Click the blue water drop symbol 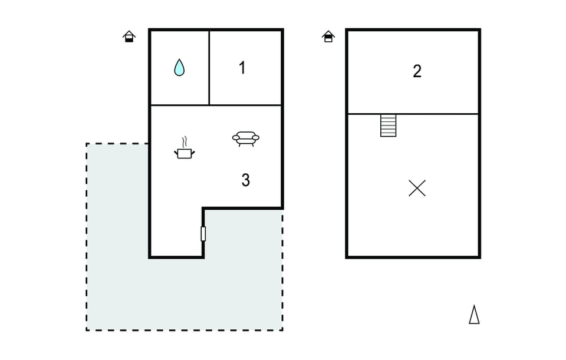pyautogui.click(x=179, y=67)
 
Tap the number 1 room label pyautogui.click(x=242, y=67)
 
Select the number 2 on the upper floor pyautogui.click(x=417, y=71)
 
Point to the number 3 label pyautogui.click(x=245, y=180)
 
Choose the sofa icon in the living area pyautogui.click(x=246, y=138)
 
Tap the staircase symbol pyautogui.click(x=389, y=125)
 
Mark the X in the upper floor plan pyautogui.click(x=417, y=188)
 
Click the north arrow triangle pyautogui.click(x=474, y=315)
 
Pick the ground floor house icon pyautogui.click(x=129, y=37)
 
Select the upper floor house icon pyautogui.click(x=328, y=37)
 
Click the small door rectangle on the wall pyautogui.click(x=203, y=234)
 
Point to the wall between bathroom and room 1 pyautogui.click(x=209, y=68)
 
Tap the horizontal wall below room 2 pyautogui.click(x=413, y=114)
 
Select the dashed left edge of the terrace pyautogui.click(x=87, y=237)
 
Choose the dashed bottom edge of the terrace pyautogui.click(x=185, y=330)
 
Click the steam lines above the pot pyautogui.click(x=185, y=141)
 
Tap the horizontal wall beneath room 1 pyautogui.click(x=216, y=105)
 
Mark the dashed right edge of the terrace pyautogui.click(x=282, y=270)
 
